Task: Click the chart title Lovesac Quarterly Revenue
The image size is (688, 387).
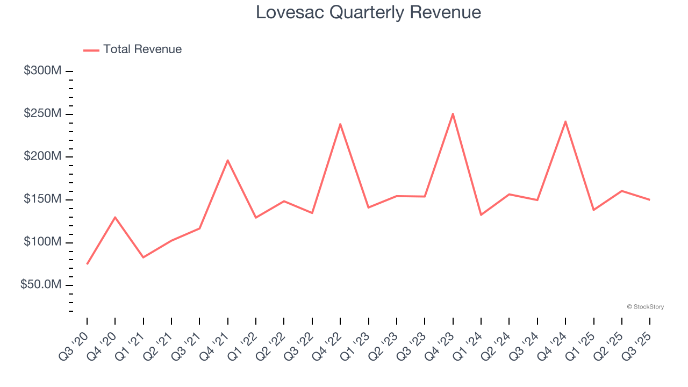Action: click(x=368, y=12)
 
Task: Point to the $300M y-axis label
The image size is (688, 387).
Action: click(x=42, y=71)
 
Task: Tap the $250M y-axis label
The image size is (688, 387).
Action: click(x=42, y=114)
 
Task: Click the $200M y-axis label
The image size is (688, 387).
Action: click(x=42, y=156)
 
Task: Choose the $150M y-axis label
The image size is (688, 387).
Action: click(x=42, y=199)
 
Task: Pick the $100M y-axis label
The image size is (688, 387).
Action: click(x=42, y=242)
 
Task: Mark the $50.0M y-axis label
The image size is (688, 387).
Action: click(x=41, y=285)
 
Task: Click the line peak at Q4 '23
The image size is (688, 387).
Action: click(x=453, y=113)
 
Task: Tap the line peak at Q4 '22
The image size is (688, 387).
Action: click(x=340, y=124)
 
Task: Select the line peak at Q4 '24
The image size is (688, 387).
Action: click(x=565, y=121)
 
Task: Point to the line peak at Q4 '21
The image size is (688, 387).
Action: click(x=228, y=160)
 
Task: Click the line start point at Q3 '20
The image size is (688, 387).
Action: click(x=87, y=264)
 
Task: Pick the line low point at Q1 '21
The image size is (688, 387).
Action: click(x=144, y=257)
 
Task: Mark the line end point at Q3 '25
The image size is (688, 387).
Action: click(x=650, y=200)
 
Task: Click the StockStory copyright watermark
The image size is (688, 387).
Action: click(x=645, y=307)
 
